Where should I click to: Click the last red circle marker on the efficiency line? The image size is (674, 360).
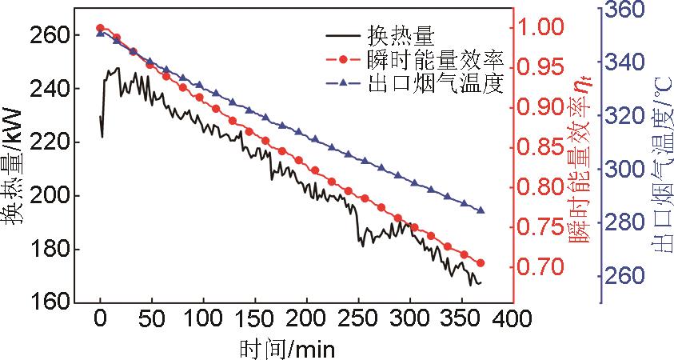tap(481, 263)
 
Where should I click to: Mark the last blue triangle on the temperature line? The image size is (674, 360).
tap(481, 210)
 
